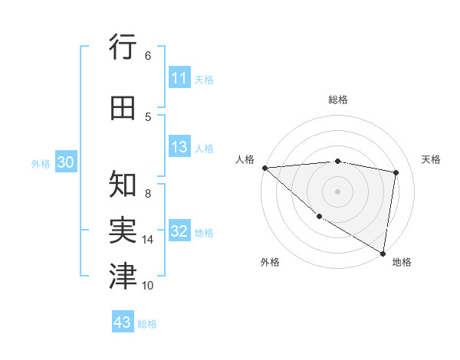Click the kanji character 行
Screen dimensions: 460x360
123,47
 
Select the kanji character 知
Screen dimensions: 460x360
123,185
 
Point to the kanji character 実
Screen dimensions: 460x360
123,231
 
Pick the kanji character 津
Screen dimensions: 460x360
123,277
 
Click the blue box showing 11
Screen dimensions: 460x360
179,78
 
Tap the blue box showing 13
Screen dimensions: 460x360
179,148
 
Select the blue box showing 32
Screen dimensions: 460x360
179,232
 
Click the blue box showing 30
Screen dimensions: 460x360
64,162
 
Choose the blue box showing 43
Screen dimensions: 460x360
123,322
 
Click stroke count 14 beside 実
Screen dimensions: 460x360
148,240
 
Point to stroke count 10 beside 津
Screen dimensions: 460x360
148,286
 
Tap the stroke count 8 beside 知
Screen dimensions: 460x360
148,185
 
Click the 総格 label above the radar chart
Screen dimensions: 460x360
338,100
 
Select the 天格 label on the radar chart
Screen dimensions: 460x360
432,159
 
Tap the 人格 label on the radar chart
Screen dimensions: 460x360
245,159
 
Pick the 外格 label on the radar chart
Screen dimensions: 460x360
270,262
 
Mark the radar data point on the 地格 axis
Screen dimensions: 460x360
383,253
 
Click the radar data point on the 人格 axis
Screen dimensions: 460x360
264,168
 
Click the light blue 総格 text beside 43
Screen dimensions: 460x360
147,324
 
